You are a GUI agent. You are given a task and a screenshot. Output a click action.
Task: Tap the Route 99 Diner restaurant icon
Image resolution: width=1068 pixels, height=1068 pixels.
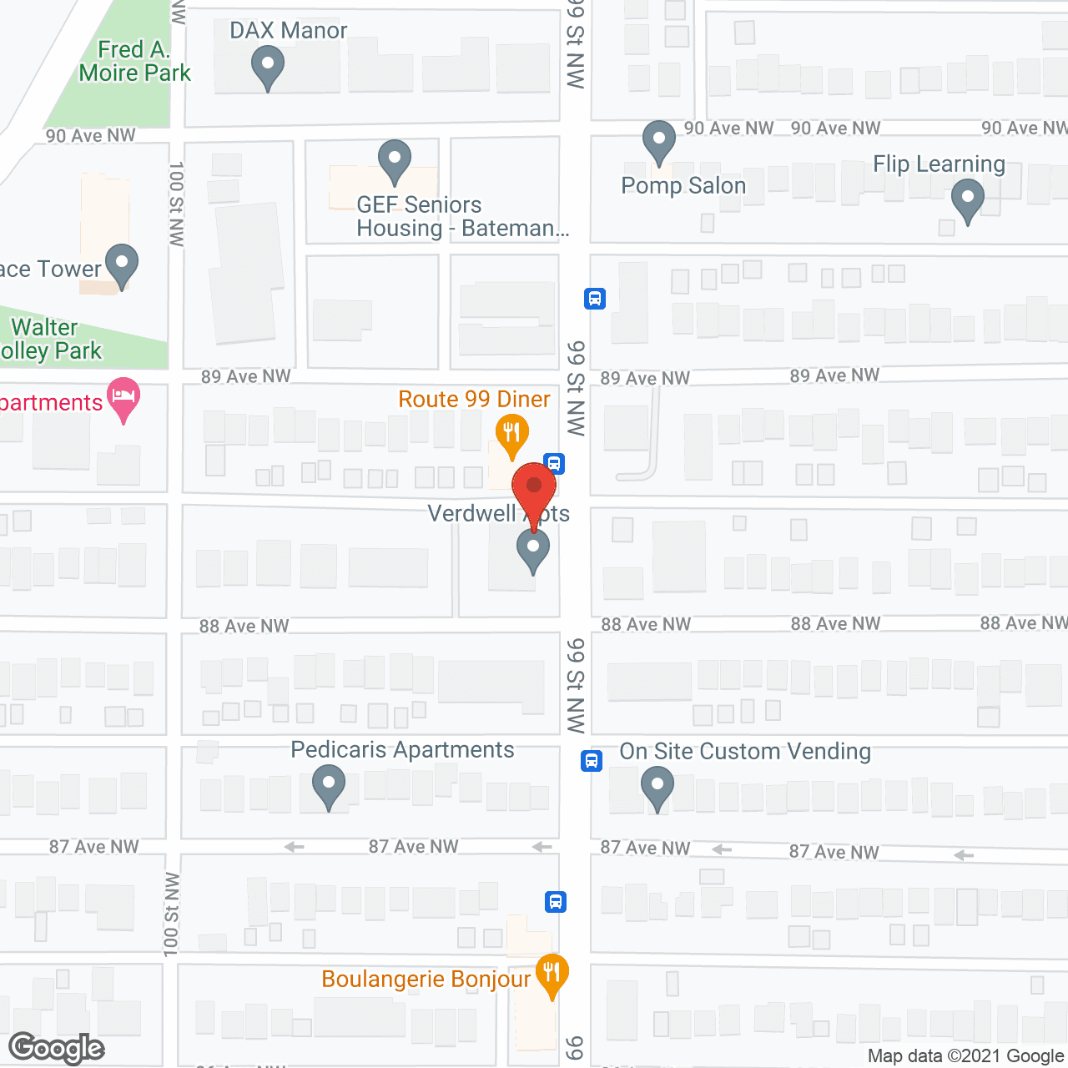point(512,434)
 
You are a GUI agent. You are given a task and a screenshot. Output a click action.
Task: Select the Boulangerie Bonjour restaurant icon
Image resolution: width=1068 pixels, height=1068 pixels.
point(551,974)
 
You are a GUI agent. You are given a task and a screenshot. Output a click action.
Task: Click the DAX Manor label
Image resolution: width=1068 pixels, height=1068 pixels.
point(288,31)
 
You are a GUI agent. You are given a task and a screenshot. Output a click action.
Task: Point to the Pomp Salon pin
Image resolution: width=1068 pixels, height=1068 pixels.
point(658,141)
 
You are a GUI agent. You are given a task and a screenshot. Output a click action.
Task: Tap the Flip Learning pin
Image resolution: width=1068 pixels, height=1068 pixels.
point(968,201)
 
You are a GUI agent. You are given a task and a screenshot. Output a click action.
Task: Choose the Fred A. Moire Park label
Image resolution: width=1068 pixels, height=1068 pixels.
point(134,62)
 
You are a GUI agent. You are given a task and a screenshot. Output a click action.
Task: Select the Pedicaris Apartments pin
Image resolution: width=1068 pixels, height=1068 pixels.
point(329,785)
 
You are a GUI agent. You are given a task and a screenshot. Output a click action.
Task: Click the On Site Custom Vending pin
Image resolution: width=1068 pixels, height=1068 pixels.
point(657,787)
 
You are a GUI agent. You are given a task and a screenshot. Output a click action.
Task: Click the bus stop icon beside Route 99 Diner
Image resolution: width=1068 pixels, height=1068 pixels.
point(554,463)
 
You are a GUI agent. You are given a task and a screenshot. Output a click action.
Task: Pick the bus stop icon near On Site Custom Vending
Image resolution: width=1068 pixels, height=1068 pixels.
point(592,761)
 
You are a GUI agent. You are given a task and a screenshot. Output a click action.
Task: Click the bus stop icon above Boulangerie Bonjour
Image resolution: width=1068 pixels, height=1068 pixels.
point(556,902)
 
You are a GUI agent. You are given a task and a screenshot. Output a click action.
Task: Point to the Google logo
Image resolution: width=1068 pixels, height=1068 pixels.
point(57,1048)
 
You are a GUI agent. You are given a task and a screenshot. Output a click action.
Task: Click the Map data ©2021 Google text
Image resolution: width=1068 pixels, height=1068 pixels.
point(966,1056)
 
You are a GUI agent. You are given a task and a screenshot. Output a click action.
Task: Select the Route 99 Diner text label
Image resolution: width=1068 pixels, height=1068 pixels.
point(474,400)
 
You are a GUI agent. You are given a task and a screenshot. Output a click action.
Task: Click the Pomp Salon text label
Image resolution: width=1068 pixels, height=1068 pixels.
point(683,185)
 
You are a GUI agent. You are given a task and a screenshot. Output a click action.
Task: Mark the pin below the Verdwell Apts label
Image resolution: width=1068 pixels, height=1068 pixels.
point(532,550)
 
